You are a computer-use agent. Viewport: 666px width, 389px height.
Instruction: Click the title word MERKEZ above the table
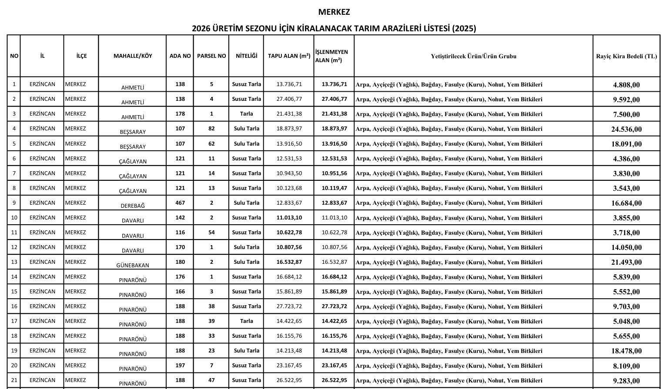(x=334, y=12)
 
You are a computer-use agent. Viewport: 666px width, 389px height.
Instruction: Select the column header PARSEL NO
(x=211, y=56)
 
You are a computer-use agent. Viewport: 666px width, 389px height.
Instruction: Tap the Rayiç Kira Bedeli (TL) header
(x=626, y=56)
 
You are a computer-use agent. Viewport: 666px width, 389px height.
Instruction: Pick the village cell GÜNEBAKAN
(x=133, y=265)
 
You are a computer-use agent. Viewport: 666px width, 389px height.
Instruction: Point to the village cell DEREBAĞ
(x=133, y=206)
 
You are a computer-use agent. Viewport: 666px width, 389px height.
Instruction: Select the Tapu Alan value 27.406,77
(x=289, y=99)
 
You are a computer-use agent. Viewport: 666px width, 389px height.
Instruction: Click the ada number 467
(x=180, y=203)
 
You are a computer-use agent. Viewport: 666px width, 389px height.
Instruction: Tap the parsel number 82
(x=211, y=129)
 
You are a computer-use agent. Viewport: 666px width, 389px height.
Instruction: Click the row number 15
(x=14, y=292)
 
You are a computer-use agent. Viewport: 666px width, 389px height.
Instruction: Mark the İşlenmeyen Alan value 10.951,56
(x=334, y=173)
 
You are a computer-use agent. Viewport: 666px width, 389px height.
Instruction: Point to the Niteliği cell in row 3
(x=246, y=114)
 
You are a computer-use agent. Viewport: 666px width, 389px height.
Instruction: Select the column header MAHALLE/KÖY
(x=133, y=56)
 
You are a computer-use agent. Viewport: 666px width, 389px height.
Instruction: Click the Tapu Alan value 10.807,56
(x=289, y=247)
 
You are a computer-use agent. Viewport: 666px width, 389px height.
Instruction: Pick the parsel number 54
(x=211, y=233)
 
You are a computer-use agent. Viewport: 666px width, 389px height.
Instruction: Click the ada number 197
(x=180, y=366)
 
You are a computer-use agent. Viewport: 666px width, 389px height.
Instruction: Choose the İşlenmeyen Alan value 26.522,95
(x=334, y=380)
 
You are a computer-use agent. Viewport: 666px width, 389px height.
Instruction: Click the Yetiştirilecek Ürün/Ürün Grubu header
(x=473, y=56)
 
